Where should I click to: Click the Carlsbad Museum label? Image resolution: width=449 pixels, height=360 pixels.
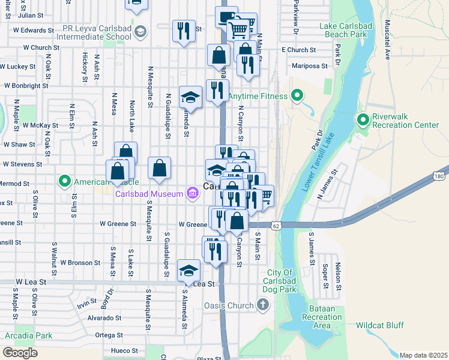point(149,194)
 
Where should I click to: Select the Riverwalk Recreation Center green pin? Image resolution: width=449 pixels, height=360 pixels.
point(363,120)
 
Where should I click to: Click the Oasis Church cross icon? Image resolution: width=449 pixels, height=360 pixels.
point(262,305)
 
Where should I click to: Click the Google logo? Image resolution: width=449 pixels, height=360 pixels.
point(20,353)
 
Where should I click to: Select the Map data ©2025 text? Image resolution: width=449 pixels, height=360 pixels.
point(423,355)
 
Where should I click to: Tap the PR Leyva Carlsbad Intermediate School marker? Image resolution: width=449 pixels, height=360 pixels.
point(140,31)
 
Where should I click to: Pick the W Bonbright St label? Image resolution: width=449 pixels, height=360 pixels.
point(26,86)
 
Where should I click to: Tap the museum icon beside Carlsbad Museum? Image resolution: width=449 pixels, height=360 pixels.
point(192,193)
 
